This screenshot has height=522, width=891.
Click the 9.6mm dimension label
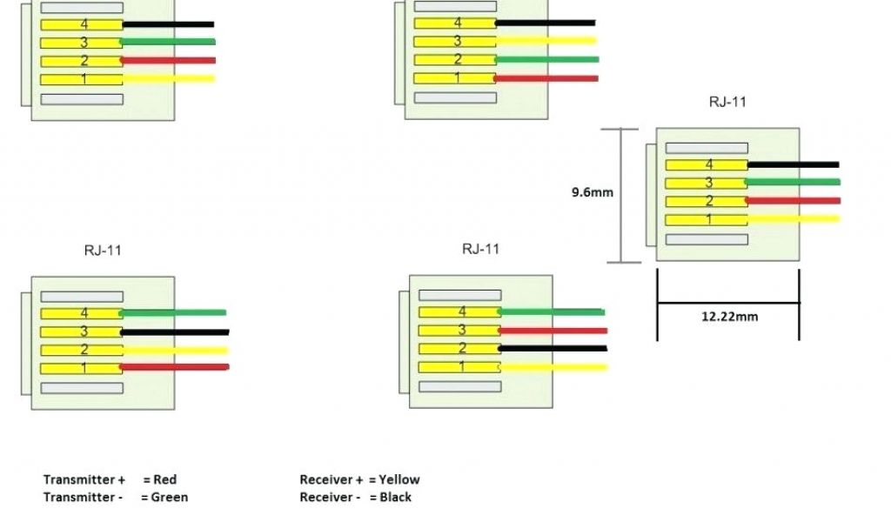pos(592,192)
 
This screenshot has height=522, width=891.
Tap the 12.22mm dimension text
pos(729,317)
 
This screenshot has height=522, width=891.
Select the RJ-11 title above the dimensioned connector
pos(727,102)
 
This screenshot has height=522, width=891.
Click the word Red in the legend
pos(164,479)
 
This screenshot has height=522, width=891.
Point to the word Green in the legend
pos(171,498)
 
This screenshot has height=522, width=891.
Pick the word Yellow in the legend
pos(399,479)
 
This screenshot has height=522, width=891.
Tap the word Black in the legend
pos(395,498)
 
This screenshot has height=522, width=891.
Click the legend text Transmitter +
pos(84,479)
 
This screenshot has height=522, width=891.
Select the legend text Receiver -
pos(331,498)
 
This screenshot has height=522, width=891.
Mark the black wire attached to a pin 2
pos(553,348)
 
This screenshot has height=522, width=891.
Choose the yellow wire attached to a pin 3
pos(546,40)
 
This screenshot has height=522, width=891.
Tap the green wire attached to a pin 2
pos(547,59)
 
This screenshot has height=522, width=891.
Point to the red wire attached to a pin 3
pos(553,331)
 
